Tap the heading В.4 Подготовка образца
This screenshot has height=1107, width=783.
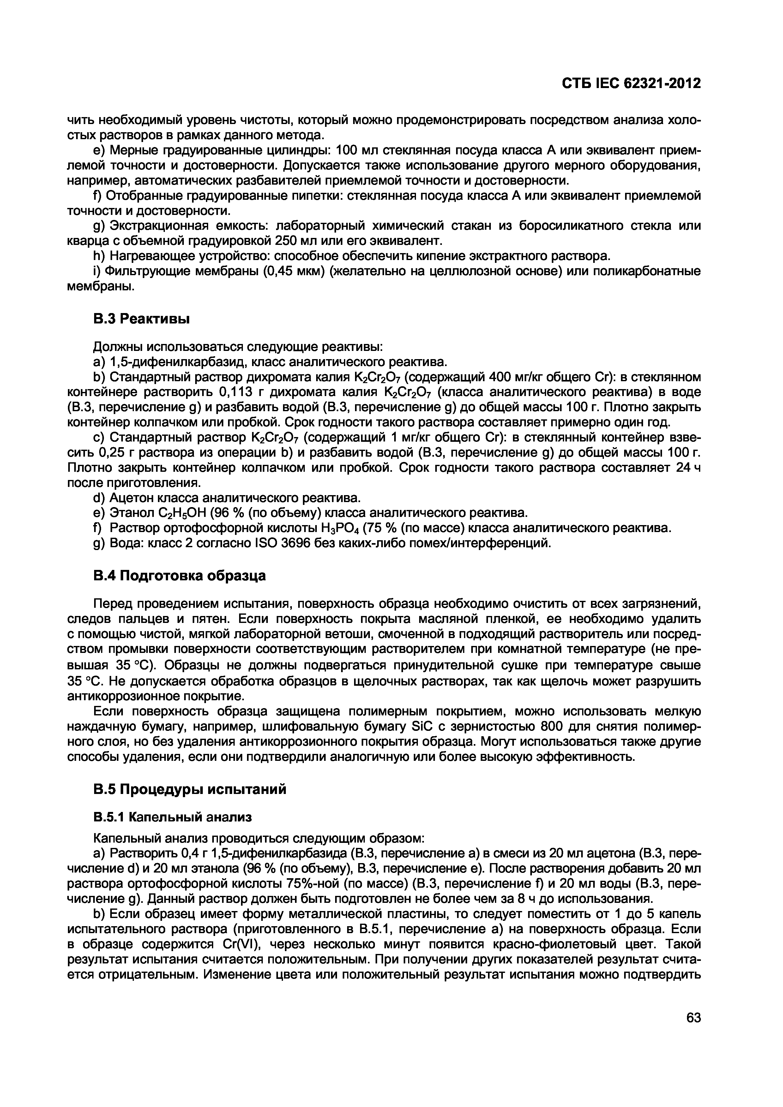click(x=179, y=576)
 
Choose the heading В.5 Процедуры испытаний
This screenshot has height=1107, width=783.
click(x=189, y=789)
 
